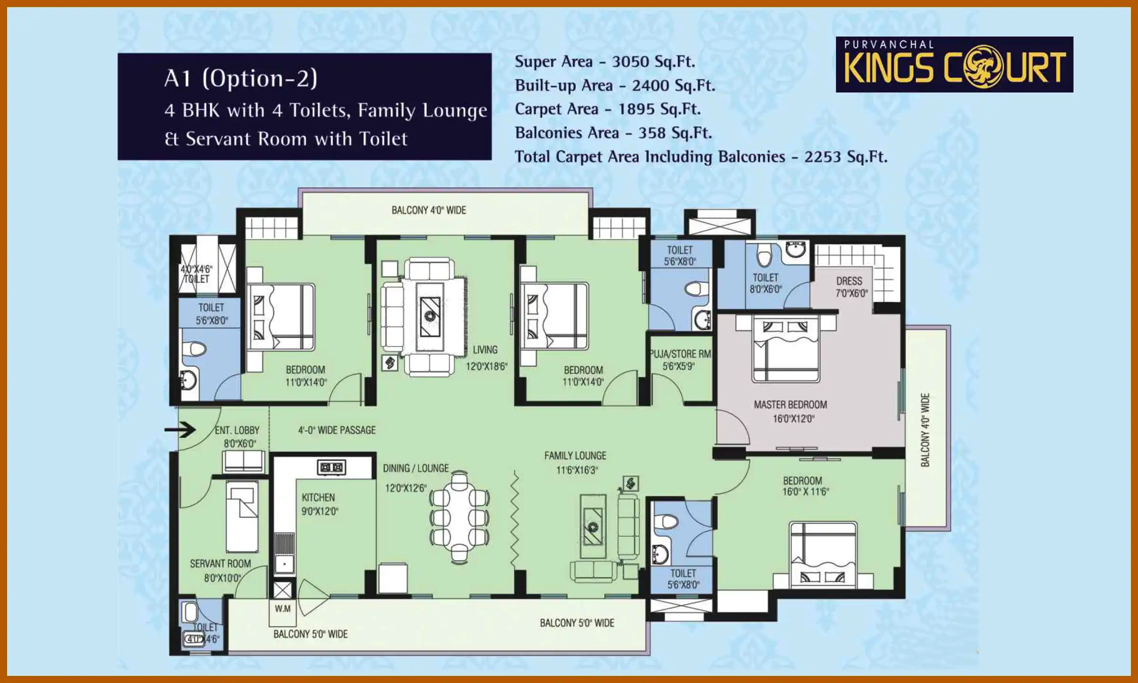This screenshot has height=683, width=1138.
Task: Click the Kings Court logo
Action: pyautogui.click(x=954, y=65)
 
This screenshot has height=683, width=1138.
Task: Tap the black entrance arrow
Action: pyautogui.click(x=180, y=430)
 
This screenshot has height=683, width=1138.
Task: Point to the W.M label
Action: pyautogui.click(x=283, y=609)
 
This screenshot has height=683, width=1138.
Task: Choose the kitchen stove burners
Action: pyautogui.click(x=331, y=467)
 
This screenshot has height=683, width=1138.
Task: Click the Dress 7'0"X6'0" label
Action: pyautogui.click(x=851, y=286)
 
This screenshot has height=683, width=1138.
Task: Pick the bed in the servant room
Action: pyautogui.click(x=242, y=516)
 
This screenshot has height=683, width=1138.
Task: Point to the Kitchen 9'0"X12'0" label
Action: pyautogui.click(x=319, y=504)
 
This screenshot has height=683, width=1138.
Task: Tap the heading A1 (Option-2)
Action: pyautogui.click(x=241, y=78)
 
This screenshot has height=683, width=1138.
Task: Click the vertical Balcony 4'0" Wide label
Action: pyautogui.click(x=925, y=429)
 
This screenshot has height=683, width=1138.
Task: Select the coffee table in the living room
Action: pyautogui.click(x=430, y=316)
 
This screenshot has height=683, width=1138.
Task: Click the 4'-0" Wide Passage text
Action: pyautogui.click(x=337, y=430)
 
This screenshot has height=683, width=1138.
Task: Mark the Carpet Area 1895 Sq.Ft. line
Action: pyautogui.click(x=607, y=109)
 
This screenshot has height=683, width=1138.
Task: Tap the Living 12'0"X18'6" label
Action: pyautogui.click(x=486, y=358)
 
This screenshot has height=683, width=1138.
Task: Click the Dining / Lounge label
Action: pyautogui.click(x=416, y=468)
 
